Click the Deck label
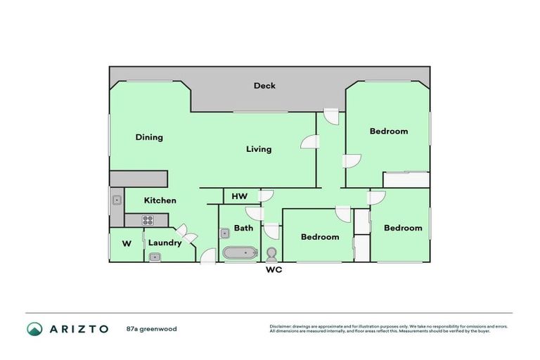coord(264,86)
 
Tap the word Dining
coord(149,137)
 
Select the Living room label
coord(258,149)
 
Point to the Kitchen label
coord(160,200)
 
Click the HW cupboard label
coord(238,196)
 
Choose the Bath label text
coord(243,228)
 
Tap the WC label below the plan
coord(273,270)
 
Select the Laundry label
coord(165,243)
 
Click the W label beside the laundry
coord(127,244)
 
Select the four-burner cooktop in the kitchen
coord(148,220)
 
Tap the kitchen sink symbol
coord(116,200)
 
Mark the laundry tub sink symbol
coord(154,257)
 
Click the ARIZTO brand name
coord(78,329)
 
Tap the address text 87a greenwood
coord(151,329)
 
